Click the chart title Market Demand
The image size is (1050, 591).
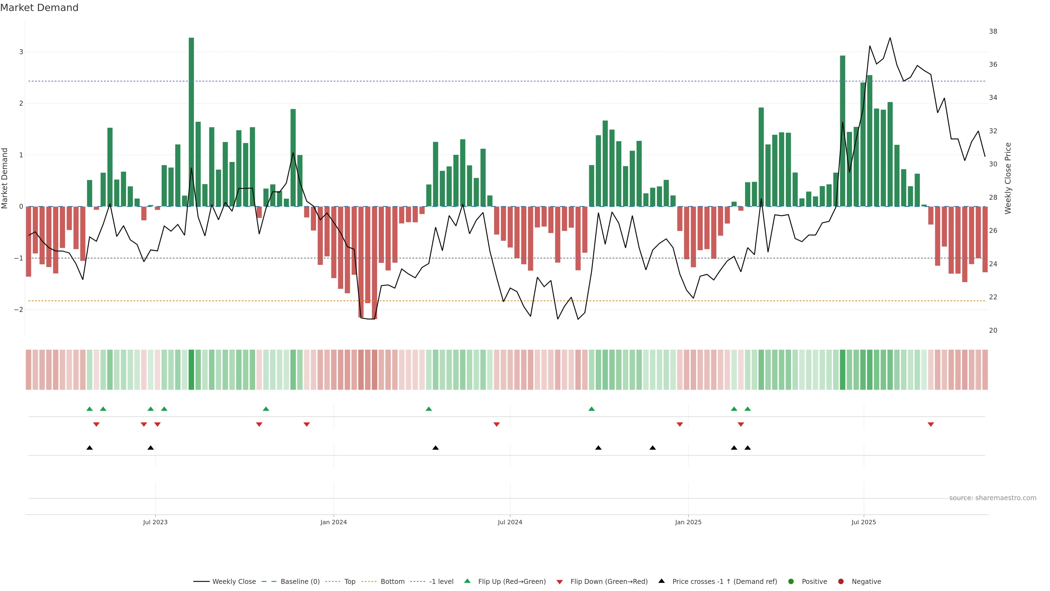tap(39, 8)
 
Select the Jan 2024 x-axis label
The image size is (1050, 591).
tap(333, 522)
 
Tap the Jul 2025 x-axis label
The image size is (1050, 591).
tap(863, 522)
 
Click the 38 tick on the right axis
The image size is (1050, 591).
tap(993, 31)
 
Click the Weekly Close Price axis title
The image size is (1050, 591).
tap(1008, 178)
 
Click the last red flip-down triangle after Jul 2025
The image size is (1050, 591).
tap(931, 425)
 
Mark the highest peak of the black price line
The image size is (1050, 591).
tap(890, 38)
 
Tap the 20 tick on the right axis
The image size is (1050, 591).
tap(993, 330)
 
